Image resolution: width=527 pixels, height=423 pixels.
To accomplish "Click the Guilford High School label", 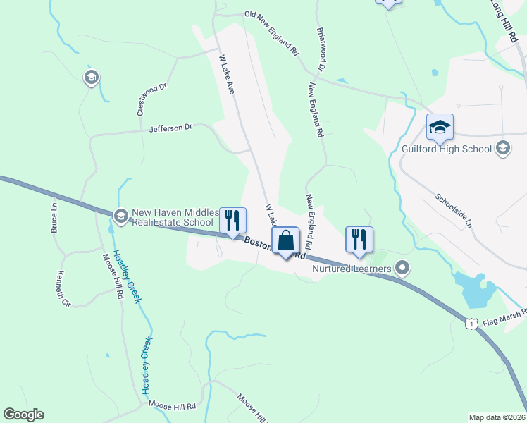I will click(447, 149).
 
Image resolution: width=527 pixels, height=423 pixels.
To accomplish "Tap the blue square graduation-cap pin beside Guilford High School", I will click(440, 127).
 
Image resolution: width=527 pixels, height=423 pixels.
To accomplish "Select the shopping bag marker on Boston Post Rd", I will click(285, 240).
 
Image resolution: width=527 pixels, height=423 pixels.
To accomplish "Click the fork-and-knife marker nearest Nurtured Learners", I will click(359, 239).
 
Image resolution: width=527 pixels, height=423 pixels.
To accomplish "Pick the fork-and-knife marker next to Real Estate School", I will click(232, 221).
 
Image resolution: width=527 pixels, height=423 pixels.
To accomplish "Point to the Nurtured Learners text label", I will click(352, 268).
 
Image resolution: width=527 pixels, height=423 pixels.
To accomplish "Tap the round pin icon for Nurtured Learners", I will click(402, 268).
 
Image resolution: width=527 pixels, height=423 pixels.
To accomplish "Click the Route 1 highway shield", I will click(470, 322).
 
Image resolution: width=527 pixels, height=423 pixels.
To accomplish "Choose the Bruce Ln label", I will click(54, 219).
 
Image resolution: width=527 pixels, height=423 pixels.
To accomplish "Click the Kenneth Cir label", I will click(64, 289).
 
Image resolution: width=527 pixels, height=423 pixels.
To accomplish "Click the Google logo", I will click(24, 415).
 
